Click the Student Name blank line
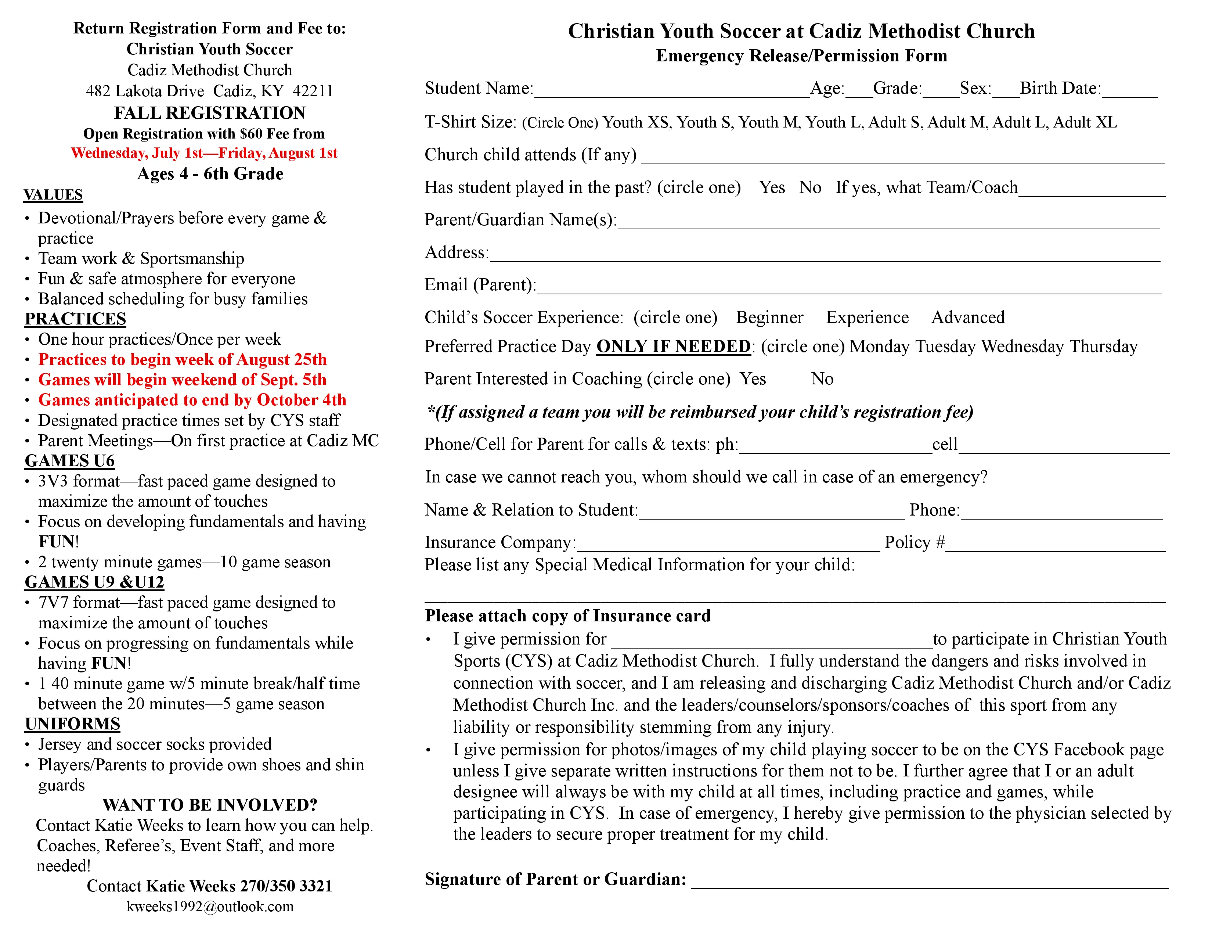(x=671, y=94)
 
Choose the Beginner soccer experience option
(x=769, y=317)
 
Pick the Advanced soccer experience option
(x=968, y=317)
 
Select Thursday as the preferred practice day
(x=1103, y=347)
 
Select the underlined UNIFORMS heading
(x=72, y=724)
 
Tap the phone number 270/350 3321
(x=286, y=886)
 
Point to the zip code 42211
(x=313, y=91)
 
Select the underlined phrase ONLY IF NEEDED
(x=673, y=347)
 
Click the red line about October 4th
(x=192, y=400)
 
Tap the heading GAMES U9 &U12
(x=94, y=582)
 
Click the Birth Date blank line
(x=1129, y=94)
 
